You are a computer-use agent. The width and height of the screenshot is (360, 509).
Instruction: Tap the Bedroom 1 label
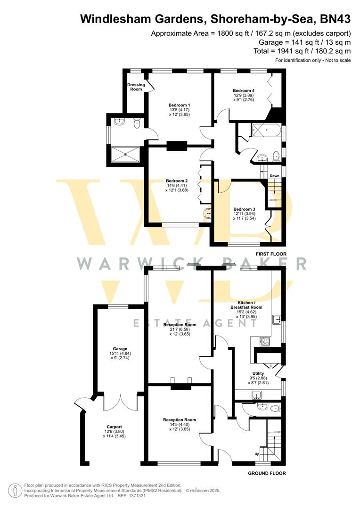point(179,105)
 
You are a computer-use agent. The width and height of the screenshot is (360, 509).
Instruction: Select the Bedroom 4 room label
point(243,90)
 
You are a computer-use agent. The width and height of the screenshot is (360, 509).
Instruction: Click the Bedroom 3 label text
point(244,209)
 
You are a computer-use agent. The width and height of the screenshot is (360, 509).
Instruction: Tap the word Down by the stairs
point(274,176)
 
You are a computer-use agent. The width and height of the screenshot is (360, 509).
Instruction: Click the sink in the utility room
point(257,394)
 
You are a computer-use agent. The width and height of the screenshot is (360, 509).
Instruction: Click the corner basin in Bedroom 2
point(207,214)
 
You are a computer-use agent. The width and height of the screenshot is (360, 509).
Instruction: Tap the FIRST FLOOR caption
point(270,254)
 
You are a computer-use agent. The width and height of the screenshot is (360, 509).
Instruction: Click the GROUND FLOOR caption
point(267,473)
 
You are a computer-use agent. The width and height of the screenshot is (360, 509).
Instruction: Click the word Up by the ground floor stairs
point(257,454)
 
